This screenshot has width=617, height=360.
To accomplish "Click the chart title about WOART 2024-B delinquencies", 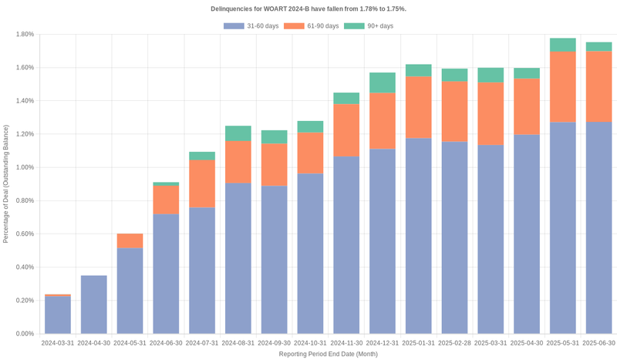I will pos(308,8).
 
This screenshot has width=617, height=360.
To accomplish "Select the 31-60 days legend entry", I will pos(251,26).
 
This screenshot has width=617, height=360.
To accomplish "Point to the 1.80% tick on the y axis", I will pos(22,35).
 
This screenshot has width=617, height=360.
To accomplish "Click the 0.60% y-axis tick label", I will pos(22,234).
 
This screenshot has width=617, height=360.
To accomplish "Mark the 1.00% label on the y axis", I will pos(22,168).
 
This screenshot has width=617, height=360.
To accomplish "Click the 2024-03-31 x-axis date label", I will pos(58,342).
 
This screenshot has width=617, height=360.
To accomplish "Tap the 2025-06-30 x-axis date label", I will pos(598,342).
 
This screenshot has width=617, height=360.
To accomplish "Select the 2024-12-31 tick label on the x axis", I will pos(382,342).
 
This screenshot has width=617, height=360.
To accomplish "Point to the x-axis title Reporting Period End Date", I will pos(328,354).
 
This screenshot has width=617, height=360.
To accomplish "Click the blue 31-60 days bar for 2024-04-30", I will pos(93,304).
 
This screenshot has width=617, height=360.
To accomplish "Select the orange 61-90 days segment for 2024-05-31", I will pos(130,241).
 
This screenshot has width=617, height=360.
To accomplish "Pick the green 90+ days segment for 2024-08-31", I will pos(238,133).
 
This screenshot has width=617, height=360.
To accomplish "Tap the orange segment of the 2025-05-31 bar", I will pos(562,87).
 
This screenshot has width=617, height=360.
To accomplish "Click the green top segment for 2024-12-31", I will pos(382,82).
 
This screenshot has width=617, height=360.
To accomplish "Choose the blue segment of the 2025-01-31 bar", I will pos(418,236).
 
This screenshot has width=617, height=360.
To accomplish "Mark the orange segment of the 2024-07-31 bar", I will pos(201,183).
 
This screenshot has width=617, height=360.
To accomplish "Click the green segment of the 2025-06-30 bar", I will pos(598,47).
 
